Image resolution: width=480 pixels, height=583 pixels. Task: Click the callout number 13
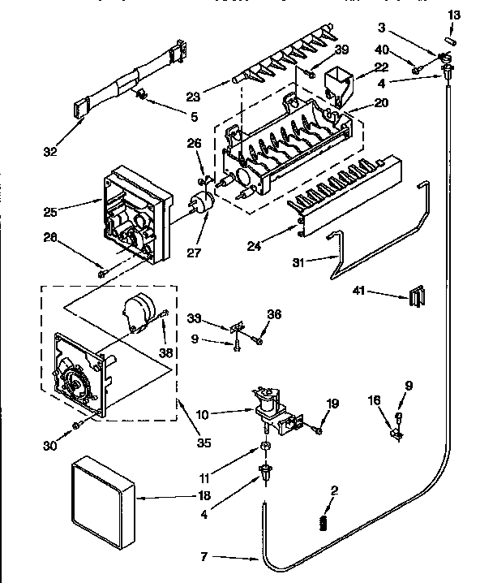(455, 15)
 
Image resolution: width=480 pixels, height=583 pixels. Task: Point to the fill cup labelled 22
(337, 84)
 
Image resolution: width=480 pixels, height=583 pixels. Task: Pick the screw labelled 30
(75, 424)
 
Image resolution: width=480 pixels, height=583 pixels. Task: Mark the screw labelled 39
(311, 74)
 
